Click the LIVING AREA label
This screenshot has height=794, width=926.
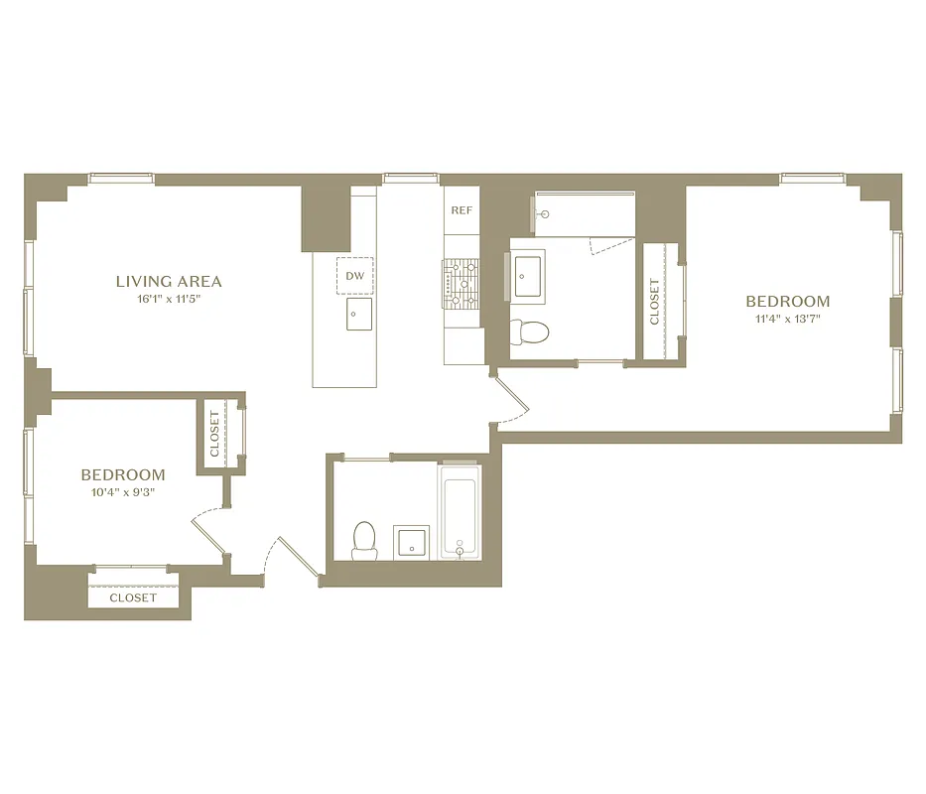tap(169, 282)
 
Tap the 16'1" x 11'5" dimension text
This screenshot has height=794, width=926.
tap(169, 299)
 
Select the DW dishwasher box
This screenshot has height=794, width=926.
tap(355, 276)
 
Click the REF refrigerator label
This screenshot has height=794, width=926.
tap(462, 210)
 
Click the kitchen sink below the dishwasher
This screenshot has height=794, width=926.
tap(358, 315)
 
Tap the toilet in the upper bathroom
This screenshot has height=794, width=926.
tap(529, 331)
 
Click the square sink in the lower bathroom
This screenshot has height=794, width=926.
tap(410, 542)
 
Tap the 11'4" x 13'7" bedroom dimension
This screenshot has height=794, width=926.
tap(788, 320)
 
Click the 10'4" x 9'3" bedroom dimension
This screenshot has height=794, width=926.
tap(123, 492)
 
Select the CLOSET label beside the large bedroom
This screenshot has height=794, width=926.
tap(654, 302)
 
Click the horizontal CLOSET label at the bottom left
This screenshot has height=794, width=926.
tap(133, 597)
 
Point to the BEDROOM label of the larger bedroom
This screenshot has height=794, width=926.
tap(788, 302)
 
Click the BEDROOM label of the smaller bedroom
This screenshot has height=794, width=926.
tap(123, 475)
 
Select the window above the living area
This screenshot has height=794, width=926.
tap(121, 180)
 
